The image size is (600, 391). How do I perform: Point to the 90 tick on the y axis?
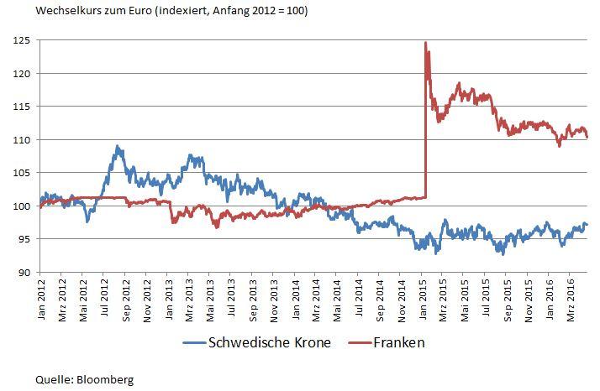click(x=22, y=273)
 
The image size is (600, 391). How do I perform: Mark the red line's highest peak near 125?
click(x=426, y=43)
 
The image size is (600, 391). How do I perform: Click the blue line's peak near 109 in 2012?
click(x=118, y=147)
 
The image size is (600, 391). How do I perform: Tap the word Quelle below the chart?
click(x=52, y=378)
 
